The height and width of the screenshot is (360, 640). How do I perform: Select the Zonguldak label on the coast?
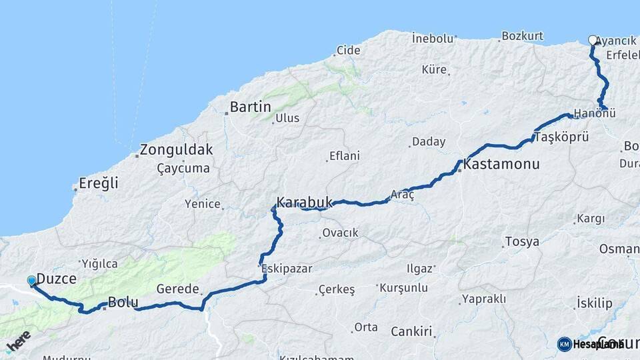point(177,149)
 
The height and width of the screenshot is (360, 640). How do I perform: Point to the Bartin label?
point(250,107)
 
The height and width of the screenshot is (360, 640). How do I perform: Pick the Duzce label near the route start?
point(56,279)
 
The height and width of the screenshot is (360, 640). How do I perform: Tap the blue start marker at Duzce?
point(32,281)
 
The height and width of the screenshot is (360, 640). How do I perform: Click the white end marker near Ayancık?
point(593,40)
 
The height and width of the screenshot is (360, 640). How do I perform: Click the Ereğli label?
point(98,183)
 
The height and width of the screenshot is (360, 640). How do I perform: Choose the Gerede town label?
point(178,289)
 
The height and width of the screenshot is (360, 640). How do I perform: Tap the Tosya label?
point(522,241)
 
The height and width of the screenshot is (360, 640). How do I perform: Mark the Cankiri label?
point(411,331)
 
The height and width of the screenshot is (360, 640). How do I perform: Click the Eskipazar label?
point(287,268)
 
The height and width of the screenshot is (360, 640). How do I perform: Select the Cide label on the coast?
point(348,50)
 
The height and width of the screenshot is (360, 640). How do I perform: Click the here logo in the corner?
point(18,341)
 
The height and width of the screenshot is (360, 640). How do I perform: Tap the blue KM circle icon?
point(564,344)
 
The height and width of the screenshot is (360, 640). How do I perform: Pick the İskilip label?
point(594,303)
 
